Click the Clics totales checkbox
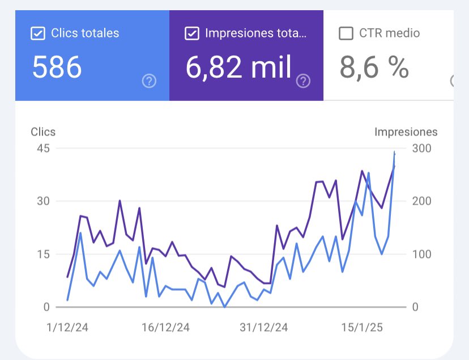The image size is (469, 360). click(37, 33)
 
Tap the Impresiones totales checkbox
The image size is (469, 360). click(192, 33)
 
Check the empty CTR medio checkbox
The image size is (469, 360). click(346, 33)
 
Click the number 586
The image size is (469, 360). click(57, 68)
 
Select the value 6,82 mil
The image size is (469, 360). click(238, 68)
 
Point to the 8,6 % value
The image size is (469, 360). click(374, 68)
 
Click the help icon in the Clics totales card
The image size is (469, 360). click(149, 82)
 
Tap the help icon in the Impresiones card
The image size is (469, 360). click(304, 82)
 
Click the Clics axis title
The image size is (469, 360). click(43, 132)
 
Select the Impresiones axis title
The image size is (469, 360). click(406, 132)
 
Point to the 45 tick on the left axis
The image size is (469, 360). click(43, 149)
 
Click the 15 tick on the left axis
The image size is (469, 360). click(44, 254)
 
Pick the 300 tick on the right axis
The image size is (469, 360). click(421, 149)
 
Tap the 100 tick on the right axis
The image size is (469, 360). click(421, 254)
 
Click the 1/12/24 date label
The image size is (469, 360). click(67, 328)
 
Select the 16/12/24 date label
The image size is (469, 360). click(165, 328)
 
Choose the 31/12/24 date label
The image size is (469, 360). click(264, 328)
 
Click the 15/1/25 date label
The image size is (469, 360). click(362, 328)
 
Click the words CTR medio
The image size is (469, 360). click(390, 33)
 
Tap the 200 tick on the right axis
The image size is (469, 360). click(421, 201)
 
